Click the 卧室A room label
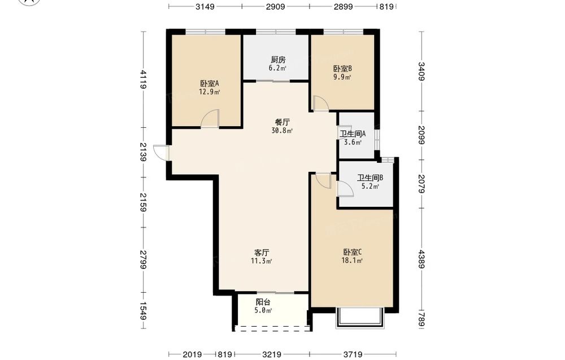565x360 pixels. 210,83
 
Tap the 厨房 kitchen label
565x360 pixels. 278,59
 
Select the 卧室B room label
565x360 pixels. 342,68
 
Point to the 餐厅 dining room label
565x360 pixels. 282,122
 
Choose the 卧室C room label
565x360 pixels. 352,251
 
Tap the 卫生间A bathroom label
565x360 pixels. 353,134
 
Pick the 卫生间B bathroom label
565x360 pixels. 370,177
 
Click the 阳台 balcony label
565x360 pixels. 263,302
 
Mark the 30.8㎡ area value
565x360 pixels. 282,131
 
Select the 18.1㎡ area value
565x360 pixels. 352,261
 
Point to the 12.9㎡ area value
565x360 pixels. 210,92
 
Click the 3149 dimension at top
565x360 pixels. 205,6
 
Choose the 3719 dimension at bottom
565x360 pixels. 353,354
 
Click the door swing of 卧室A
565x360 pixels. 210,118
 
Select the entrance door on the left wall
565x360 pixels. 161,153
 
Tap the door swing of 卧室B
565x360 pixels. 320,103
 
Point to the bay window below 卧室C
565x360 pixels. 359,318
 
